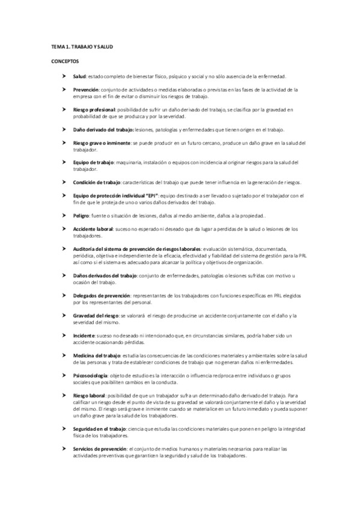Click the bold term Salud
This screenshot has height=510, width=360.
79,77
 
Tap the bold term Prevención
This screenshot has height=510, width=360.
86,89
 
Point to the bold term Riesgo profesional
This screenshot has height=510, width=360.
94,109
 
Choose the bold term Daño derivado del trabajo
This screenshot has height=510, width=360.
103,130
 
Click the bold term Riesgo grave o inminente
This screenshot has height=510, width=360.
101,143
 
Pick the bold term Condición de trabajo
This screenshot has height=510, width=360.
96,182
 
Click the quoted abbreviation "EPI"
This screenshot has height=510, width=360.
149,195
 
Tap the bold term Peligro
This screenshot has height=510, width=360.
82,215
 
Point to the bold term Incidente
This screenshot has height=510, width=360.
84,334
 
